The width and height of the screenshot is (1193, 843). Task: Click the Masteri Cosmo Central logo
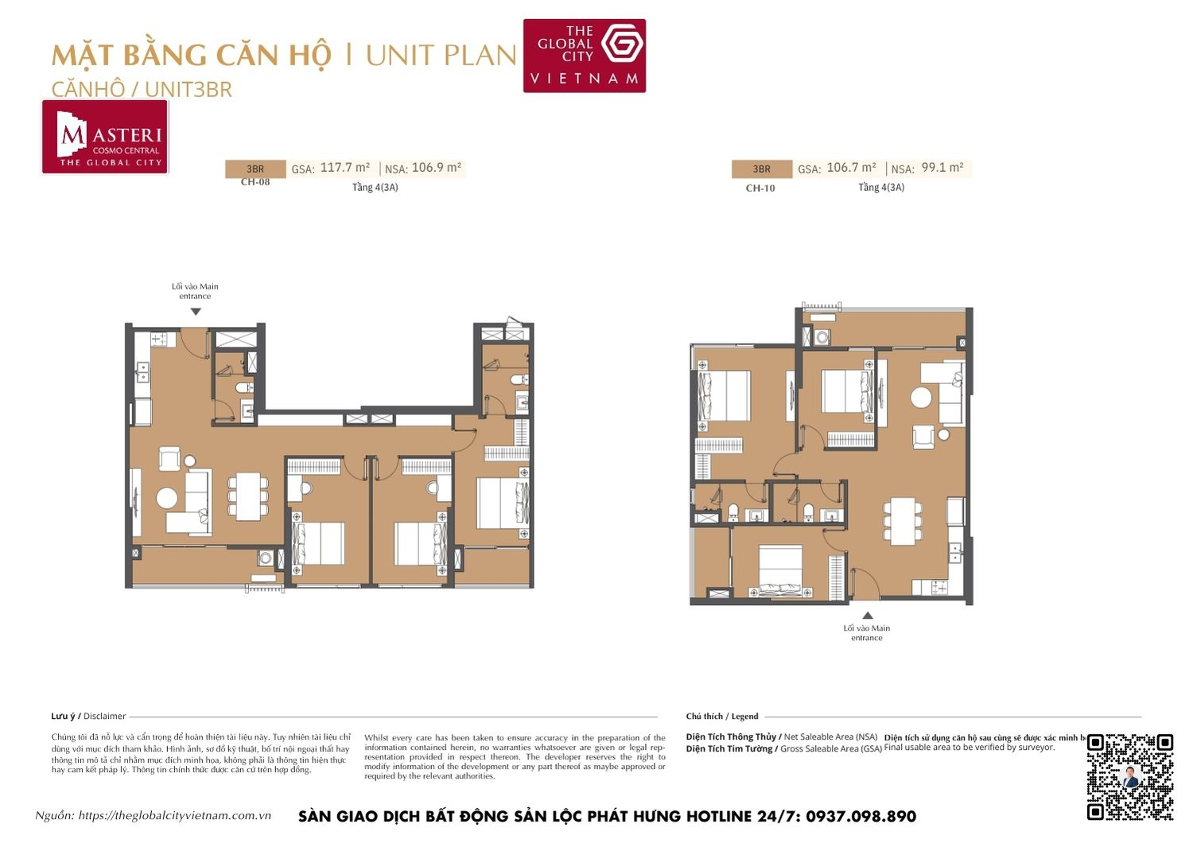click(105, 137)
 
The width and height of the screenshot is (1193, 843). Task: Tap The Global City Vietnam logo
click(584, 56)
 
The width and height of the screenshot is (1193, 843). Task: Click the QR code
click(1129, 776)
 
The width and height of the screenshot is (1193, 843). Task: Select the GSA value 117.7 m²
click(345, 168)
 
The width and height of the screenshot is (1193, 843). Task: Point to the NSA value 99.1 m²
click(942, 168)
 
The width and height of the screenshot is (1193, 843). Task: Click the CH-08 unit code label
click(255, 182)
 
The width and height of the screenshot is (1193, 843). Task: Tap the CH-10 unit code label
click(760, 188)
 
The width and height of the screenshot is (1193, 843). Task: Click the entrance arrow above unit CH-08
click(196, 312)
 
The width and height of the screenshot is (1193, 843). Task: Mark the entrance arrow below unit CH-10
click(868, 615)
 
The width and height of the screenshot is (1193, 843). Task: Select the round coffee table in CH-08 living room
click(167, 498)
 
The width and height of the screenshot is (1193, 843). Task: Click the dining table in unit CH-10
click(903, 521)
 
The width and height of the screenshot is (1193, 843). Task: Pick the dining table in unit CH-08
click(249, 496)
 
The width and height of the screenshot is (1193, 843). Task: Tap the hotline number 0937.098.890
click(861, 816)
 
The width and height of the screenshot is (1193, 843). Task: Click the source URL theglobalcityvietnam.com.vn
click(175, 815)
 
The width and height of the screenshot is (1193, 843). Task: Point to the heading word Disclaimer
click(104, 716)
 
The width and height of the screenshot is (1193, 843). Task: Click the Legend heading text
click(745, 716)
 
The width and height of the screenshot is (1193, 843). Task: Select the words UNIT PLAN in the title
click(441, 56)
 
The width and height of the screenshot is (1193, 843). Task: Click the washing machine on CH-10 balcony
click(822, 337)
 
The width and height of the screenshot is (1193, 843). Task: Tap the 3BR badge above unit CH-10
click(761, 169)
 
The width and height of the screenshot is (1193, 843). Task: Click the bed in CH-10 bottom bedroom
click(780, 571)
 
